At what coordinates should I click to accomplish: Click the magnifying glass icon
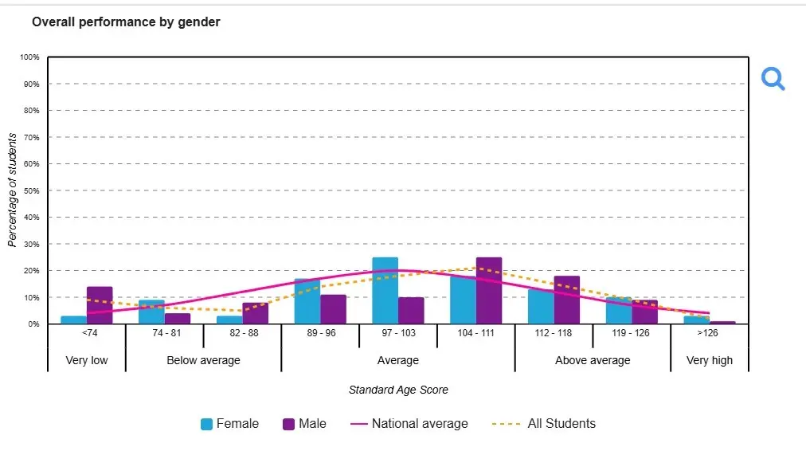(x=773, y=79)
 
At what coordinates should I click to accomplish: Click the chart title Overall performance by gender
(x=126, y=22)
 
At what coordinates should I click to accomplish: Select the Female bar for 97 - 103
(x=385, y=291)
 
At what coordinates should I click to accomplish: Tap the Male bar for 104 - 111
(x=489, y=291)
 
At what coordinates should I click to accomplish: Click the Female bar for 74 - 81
(x=151, y=312)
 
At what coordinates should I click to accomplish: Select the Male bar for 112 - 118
(x=566, y=300)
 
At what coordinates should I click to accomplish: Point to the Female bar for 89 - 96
(x=307, y=302)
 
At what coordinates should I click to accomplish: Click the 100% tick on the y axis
(x=30, y=57)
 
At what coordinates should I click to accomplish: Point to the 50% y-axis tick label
(x=31, y=190)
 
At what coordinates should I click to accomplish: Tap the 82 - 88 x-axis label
(x=242, y=333)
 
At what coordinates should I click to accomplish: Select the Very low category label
(x=87, y=360)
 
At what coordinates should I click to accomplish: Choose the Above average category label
(x=593, y=360)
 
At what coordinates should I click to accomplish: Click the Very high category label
(x=710, y=360)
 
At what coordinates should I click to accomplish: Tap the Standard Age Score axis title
(x=398, y=390)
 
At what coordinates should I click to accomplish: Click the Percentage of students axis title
(x=12, y=190)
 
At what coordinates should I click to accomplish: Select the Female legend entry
(x=229, y=424)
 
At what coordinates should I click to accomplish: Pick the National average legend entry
(x=409, y=424)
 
